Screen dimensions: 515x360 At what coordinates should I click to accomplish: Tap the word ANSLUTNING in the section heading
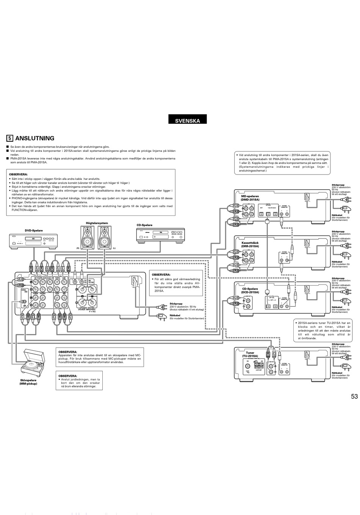click(x=34, y=139)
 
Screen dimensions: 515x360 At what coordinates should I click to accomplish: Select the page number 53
click(x=354, y=397)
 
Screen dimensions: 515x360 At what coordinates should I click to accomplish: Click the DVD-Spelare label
click(x=34, y=230)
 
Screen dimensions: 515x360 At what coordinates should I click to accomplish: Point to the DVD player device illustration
click(x=34, y=241)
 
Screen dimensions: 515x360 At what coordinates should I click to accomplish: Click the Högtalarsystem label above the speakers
click(x=97, y=223)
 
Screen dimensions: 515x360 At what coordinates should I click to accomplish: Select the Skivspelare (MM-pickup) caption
click(x=28, y=382)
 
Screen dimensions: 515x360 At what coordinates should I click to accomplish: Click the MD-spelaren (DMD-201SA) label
click(x=250, y=198)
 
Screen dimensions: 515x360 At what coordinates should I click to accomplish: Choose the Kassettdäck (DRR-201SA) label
click(x=250, y=245)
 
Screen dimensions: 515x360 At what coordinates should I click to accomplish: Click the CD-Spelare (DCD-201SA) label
click(x=250, y=290)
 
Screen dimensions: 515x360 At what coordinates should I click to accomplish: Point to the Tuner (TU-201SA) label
click(x=250, y=354)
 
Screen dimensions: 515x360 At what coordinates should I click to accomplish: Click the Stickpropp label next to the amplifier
click(x=176, y=304)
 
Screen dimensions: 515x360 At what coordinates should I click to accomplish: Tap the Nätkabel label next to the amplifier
click(x=175, y=315)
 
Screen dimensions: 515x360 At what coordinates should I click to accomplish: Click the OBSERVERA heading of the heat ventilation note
click(x=161, y=275)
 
